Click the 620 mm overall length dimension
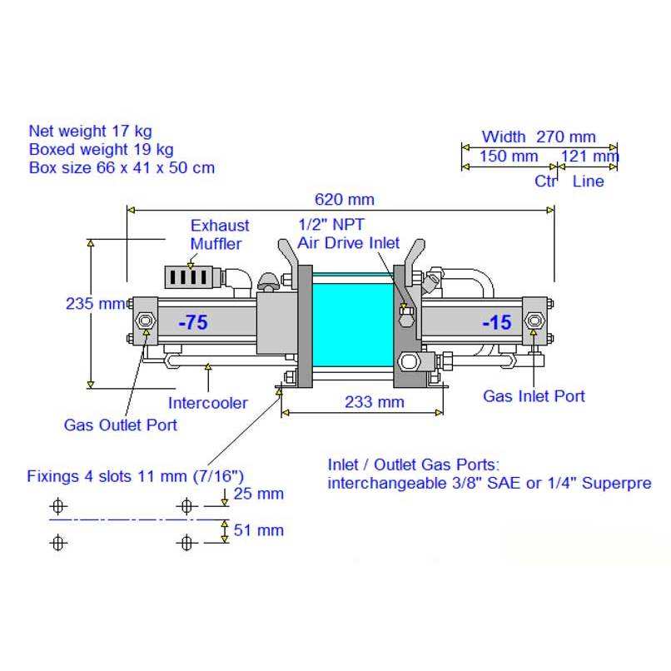[345, 200]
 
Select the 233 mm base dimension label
[375, 402]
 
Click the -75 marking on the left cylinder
[193, 322]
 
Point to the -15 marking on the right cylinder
[496, 322]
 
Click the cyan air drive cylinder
[353, 320]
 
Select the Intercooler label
[208, 403]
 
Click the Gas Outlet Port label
[120, 425]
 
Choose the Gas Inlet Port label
[534, 395]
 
